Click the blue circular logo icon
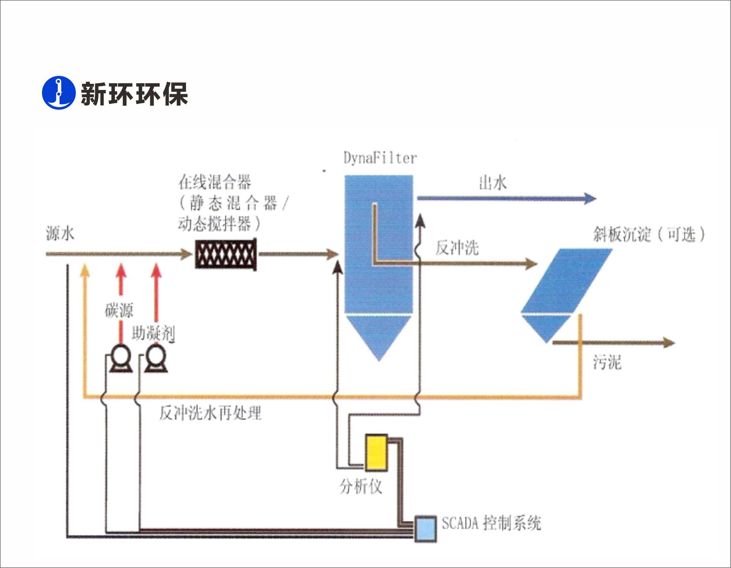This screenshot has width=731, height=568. [58, 93]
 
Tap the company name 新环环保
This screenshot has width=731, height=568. [134, 94]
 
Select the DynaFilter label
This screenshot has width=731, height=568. [380, 158]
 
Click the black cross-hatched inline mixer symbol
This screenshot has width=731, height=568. [226, 254]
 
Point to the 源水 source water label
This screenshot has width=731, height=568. [60, 234]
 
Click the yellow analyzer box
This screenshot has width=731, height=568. [376, 453]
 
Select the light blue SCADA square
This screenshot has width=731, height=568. [425, 529]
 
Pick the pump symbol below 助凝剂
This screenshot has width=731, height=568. [156, 359]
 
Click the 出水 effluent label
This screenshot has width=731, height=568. [493, 183]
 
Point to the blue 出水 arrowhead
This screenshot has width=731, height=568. [590, 198]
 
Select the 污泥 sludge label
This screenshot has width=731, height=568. [607, 362]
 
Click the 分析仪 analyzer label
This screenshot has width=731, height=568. [361, 487]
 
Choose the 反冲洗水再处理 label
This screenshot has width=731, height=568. [210, 413]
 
